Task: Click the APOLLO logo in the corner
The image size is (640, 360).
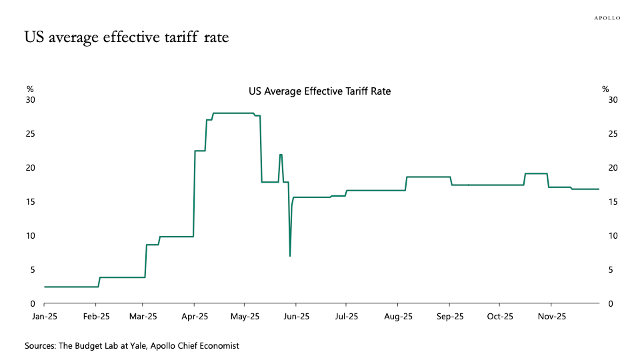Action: coord(607,18)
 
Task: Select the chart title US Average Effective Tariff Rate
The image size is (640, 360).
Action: coord(319,91)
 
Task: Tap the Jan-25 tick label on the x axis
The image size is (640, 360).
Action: coord(45,317)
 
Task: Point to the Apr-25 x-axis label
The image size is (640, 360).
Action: coord(195,317)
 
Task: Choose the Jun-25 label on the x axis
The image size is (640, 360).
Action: coord(295,317)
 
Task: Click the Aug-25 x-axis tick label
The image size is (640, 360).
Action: coord(398,317)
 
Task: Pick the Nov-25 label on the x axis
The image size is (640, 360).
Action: coord(551,317)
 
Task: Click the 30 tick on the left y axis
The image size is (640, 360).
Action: coord(30,100)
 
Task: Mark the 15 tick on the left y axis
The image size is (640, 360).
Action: coord(30,202)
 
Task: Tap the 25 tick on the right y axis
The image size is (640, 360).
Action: coord(613,134)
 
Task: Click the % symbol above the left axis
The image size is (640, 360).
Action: coord(29,89)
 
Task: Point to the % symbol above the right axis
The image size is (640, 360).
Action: coord(605,89)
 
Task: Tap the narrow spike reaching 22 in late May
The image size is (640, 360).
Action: coord(281,155)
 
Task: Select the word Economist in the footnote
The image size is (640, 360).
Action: coord(217,346)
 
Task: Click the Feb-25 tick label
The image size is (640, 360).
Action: coord(96,317)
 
